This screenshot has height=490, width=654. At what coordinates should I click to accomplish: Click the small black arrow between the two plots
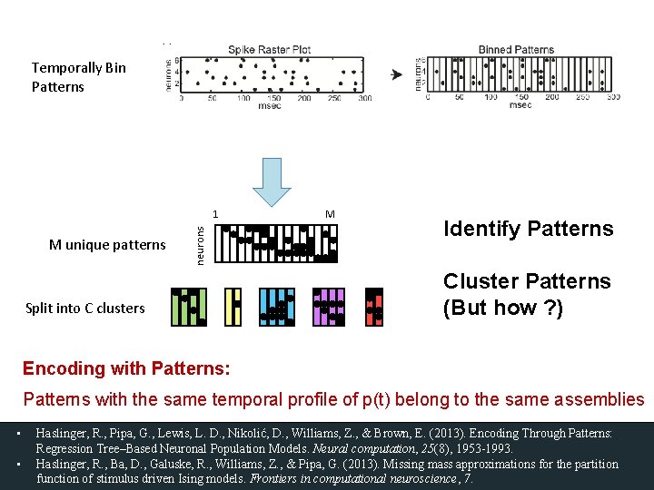396,74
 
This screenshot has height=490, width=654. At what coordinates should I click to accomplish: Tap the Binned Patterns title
516,50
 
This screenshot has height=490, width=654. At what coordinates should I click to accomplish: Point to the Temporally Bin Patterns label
78,77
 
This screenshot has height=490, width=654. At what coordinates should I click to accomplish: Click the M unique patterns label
107,244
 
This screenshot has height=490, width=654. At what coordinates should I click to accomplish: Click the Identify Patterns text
528,229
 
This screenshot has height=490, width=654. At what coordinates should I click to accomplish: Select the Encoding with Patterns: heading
126,368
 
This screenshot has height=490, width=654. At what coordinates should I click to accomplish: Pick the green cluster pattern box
189,307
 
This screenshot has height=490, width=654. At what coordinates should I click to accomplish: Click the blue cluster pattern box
277,307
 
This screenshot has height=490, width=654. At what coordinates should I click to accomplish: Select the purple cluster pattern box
329,307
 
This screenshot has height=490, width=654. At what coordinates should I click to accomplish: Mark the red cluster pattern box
374,307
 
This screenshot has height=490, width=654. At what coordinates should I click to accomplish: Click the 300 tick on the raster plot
364,97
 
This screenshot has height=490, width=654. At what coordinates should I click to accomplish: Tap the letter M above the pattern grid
330,214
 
